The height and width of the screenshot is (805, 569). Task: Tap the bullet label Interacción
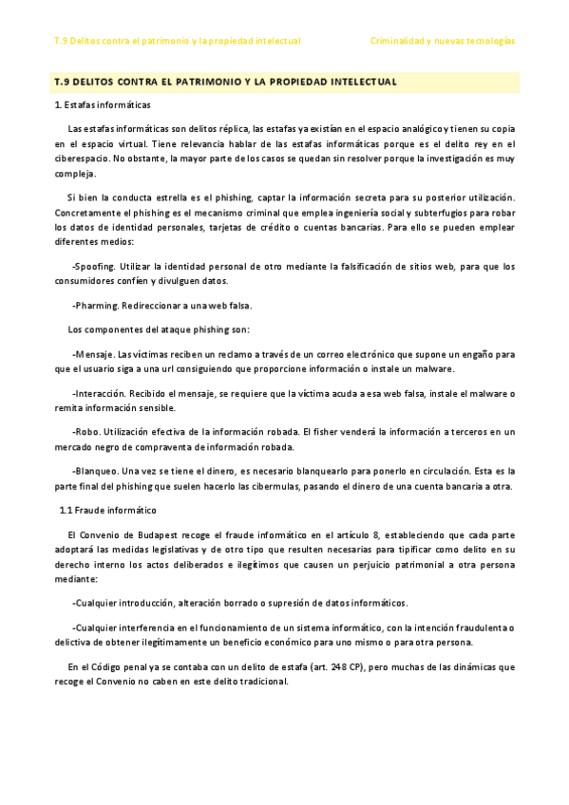click(102, 393)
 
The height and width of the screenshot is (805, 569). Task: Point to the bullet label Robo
click(85, 432)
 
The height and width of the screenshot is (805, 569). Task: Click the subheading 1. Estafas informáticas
click(102, 103)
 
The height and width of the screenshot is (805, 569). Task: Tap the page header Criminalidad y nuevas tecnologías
click(442, 41)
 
